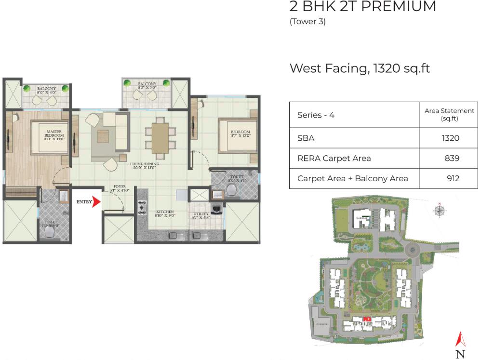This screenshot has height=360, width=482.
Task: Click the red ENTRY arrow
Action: pos(96,201)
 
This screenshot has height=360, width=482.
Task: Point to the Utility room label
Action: pos(201,214)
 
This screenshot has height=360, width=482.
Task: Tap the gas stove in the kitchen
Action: pos(142,207)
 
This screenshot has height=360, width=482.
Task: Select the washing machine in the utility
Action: pos(215,209)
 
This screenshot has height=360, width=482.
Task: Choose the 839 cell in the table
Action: pos(452,158)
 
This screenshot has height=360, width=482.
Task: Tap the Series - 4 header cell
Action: pos(316,115)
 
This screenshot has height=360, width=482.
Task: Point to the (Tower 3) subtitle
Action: pos(308,22)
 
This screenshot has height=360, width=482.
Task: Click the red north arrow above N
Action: pos(461,340)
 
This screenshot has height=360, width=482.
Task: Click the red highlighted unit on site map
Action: pos(367,319)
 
